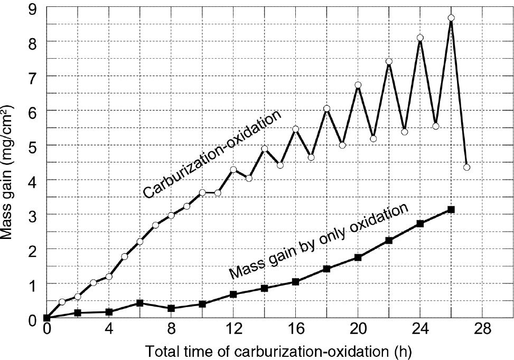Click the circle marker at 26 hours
tap(451, 18)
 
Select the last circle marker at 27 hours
tap(466, 167)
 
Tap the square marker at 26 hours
tap(451, 209)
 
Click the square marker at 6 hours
tap(140, 303)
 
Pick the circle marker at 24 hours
tap(420, 38)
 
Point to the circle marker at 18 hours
tap(326, 109)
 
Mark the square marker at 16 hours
tap(296, 282)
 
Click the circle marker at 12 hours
tap(233, 170)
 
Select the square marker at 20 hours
tap(358, 257)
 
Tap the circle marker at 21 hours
tap(373, 139)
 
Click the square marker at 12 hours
tap(233, 294)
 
